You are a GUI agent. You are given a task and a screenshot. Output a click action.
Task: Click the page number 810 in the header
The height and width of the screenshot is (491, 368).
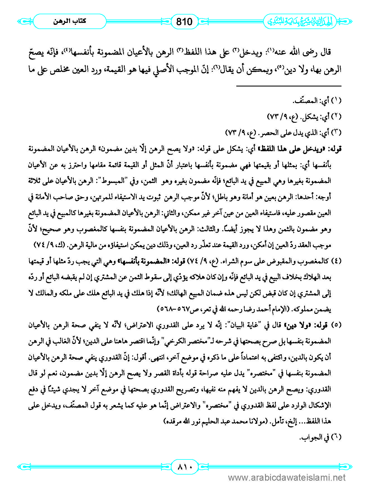pyautogui.click(x=184, y=21)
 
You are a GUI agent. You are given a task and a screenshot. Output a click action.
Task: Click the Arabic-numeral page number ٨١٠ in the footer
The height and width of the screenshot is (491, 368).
pyautogui.click(x=184, y=466)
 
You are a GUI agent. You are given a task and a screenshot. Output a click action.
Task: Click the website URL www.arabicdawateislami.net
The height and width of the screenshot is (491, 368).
pyautogui.click(x=287, y=478)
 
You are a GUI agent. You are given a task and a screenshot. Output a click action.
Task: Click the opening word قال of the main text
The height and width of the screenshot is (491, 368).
pyautogui.click(x=325, y=52)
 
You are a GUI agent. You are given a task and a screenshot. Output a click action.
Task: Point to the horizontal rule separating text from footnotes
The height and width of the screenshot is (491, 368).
pyautogui.click(x=289, y=86)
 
